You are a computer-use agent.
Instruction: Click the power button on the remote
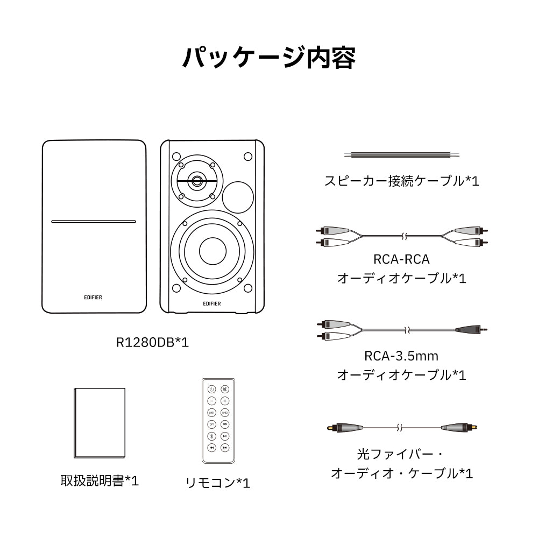pos(212,389)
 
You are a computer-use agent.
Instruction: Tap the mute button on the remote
pos(225,389)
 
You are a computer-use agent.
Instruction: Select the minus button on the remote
pos(212,401)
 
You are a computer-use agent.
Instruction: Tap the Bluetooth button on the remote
pos(212,436)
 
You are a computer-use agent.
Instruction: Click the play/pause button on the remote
pos(225,436)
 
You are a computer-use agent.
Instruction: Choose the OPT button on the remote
pos(212,424)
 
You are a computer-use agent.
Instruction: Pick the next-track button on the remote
pos(225,448)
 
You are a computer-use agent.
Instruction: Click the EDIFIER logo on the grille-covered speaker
pos(94,297)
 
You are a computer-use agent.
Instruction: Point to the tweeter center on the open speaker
pos(197,180)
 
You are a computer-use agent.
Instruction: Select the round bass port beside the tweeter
pos(238,196)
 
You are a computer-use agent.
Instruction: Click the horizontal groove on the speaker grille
pos(94,221)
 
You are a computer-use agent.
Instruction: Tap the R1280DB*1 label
pos(153,342)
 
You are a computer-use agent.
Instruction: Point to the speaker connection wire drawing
pos(402,155)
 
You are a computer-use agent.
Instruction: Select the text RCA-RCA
pos(401,259)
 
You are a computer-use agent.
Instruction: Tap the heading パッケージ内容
pos(268,58)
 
